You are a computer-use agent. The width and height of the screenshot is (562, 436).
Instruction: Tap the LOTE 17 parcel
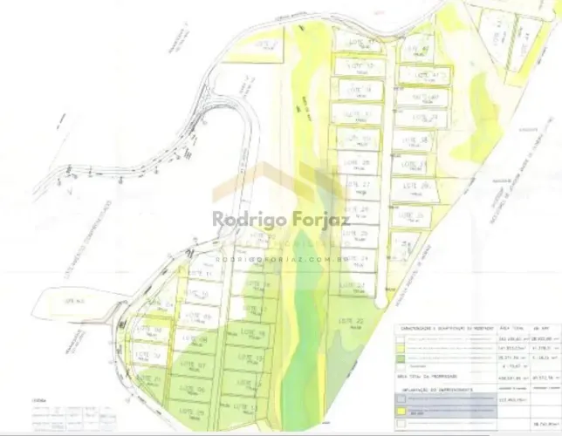(255, 310)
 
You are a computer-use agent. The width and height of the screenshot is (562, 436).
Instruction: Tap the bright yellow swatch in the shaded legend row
(401, 409)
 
